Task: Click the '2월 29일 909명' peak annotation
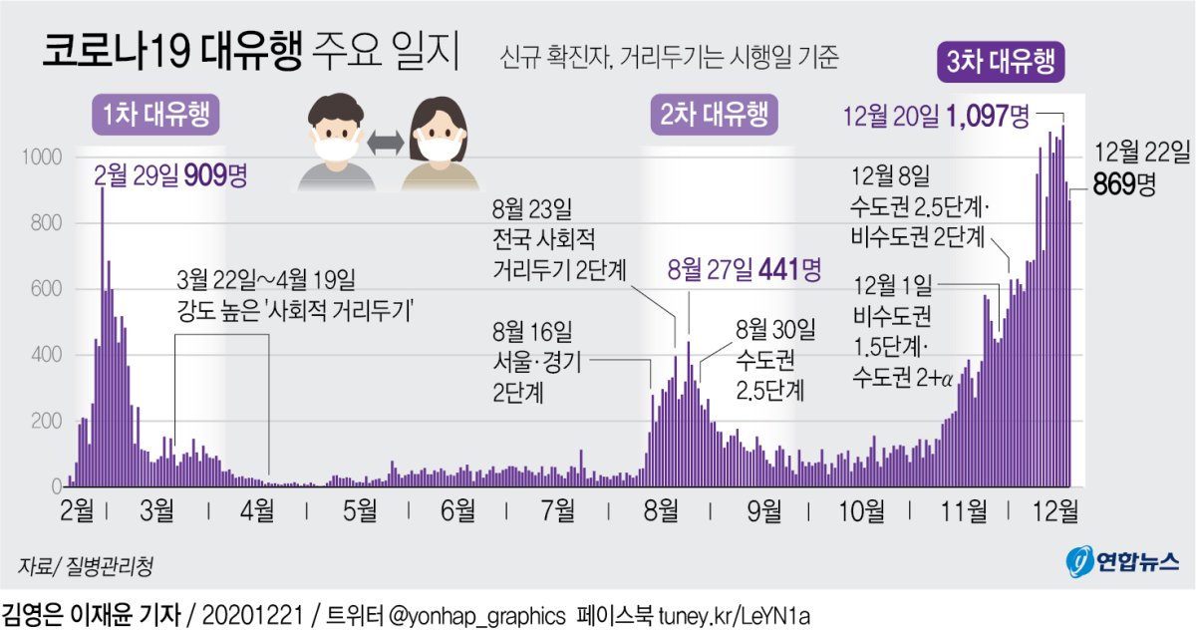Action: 169,176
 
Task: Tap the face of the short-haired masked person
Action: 333,135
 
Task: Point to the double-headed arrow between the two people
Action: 384,145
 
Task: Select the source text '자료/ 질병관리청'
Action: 86,567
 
